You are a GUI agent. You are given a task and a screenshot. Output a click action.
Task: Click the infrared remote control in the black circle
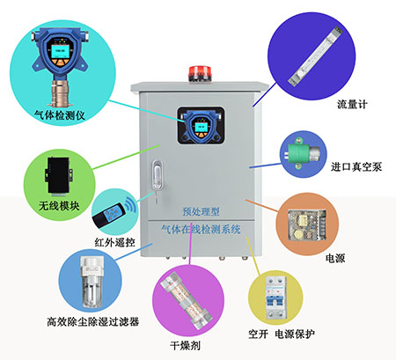coord(112,210)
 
